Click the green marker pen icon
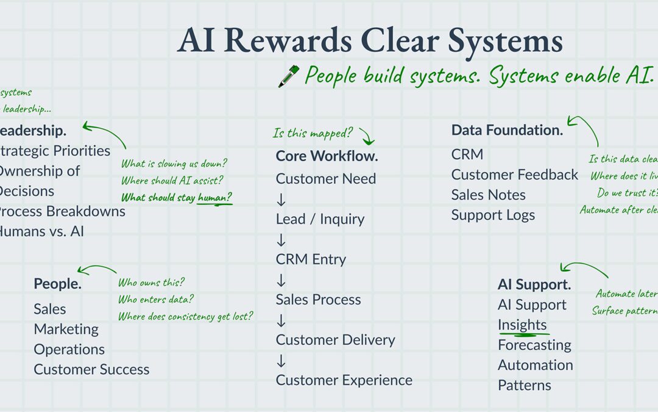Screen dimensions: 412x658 (288, 76)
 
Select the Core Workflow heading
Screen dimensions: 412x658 (327, 156)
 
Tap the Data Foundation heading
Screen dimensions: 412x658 (507, 130)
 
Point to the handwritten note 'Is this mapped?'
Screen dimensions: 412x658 (313, 133)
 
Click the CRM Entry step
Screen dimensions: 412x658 (311, 259)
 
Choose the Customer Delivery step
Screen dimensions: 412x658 (335, 339)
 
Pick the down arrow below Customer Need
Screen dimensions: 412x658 (281, 199)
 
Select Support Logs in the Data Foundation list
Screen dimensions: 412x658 (493, 215)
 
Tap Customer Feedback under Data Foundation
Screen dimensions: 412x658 (515, 175)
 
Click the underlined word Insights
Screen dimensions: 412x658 (522, 325)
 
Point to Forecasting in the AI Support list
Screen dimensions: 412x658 (534, 345)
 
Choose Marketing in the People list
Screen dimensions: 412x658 (66, 329)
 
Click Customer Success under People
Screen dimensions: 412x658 (91, 369)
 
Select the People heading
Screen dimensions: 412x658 (57, 284)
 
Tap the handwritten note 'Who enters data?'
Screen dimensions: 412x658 (156, 299)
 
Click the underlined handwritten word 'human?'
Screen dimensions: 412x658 (215, 197)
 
